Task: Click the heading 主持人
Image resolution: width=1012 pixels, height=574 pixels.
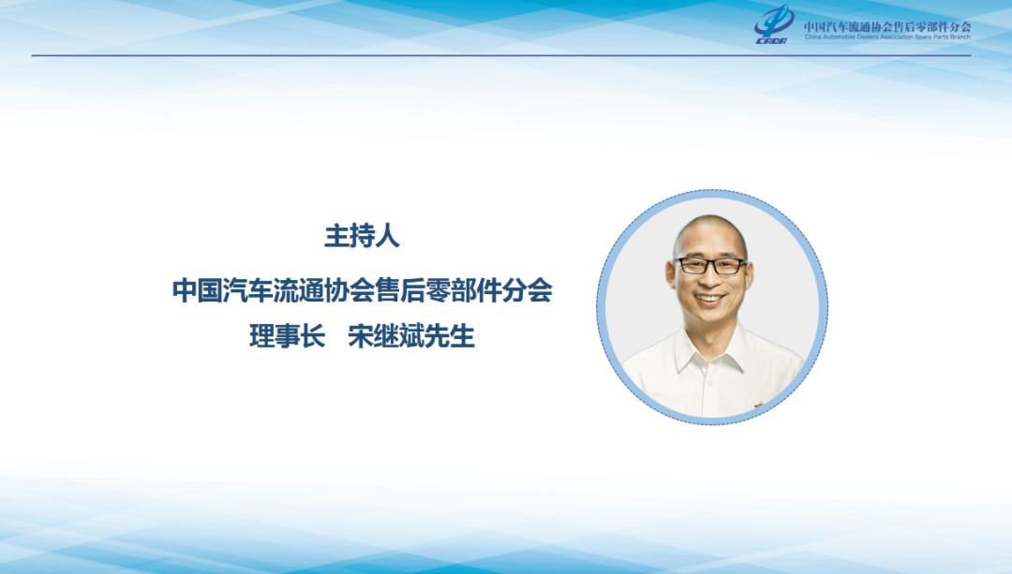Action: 362,236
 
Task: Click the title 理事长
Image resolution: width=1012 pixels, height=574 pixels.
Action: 288,336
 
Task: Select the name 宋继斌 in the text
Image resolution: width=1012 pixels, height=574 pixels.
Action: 386,336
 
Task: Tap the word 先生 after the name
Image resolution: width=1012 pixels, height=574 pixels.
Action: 450,336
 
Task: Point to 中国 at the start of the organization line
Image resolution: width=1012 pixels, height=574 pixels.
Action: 197,290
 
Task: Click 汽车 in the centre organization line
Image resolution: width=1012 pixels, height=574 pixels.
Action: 247,290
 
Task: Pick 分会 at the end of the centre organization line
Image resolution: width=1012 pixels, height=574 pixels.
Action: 528,290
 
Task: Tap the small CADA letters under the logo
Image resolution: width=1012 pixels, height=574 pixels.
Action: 771,41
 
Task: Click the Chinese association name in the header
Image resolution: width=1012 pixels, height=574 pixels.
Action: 887,26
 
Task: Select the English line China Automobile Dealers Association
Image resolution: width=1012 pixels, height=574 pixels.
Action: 859,37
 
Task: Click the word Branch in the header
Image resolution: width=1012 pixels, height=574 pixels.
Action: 960,37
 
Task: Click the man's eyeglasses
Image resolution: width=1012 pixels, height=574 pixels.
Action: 710,265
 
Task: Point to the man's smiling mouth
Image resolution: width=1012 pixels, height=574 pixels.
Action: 710,300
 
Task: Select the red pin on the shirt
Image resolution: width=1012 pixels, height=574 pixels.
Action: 758,405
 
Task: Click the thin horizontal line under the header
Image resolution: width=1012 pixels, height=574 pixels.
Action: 501,55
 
